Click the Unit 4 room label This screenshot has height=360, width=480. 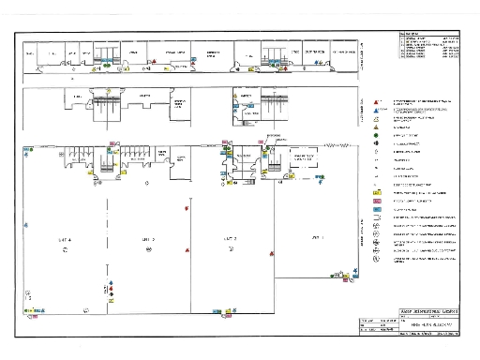(x=65, y=240)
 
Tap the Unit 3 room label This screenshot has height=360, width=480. (x=148, y=240)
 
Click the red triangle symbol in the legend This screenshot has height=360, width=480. (x=376, y=99)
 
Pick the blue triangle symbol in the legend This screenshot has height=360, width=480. (x=376, y=110)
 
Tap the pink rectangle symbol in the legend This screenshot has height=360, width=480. (x=376, y=201)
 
